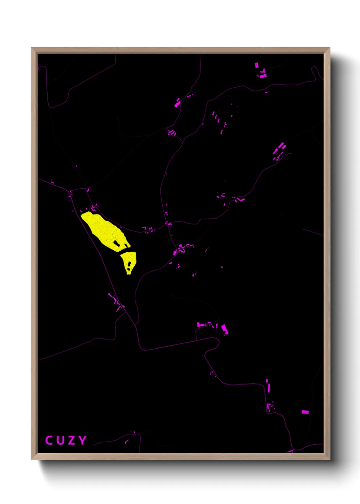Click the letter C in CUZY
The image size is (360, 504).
pos(49,440)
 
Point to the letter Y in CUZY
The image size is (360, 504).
pos(82,440)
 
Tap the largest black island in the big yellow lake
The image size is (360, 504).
pos(116,243)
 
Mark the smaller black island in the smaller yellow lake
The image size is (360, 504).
pos(128,270)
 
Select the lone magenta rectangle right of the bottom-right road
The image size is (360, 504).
pos(305,412)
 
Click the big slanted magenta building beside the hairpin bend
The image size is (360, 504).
pos(224,329)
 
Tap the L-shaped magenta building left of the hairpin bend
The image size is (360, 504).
pos(201,325)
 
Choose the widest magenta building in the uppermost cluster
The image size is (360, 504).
pos(263,76)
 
